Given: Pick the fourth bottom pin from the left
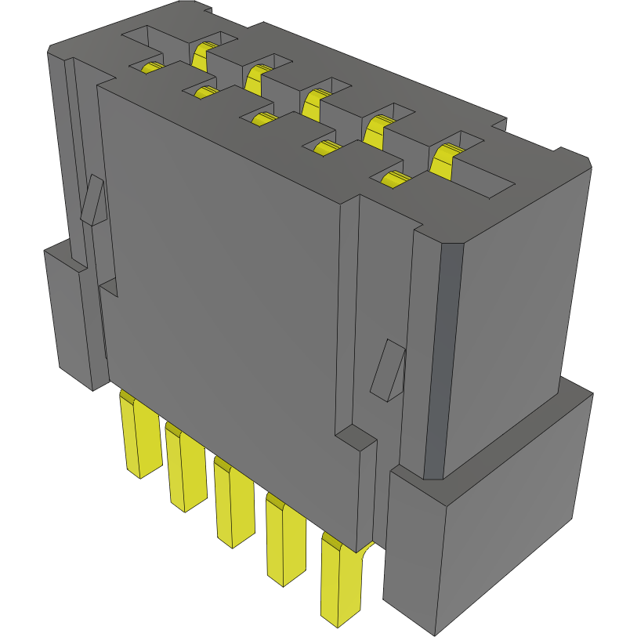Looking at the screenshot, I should [285, 541].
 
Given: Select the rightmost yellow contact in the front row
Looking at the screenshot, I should [396, 179].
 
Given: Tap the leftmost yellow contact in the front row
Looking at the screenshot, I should [152, 67].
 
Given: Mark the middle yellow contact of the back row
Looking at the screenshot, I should [315, 101].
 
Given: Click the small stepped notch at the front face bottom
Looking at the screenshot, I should [357, 439].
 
